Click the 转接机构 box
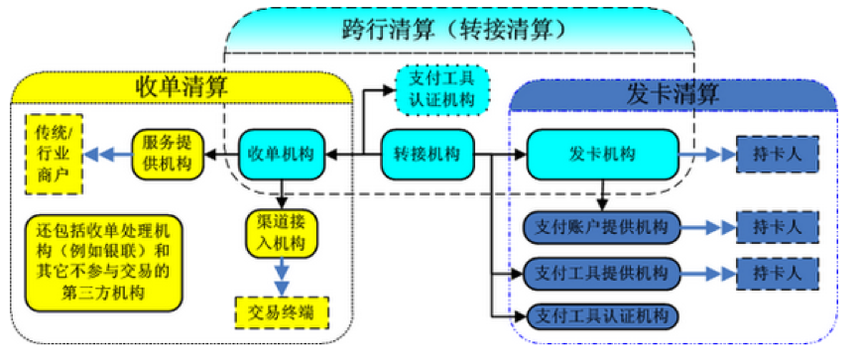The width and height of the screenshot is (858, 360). point(427,154)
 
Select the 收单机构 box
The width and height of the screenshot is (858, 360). point(284,154)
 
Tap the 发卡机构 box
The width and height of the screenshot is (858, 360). point(602,154)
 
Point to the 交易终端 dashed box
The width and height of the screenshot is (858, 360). point(282,311)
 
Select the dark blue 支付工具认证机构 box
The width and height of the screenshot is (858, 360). point(601,315)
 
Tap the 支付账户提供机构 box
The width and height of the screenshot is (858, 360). point(601,227)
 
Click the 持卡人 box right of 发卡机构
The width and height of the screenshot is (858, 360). point(777,154)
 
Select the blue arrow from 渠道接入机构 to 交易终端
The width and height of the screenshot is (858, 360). point(282,274)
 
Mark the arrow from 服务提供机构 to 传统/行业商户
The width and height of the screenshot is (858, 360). point(108,154)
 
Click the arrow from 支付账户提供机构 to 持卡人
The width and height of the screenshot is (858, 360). point(707,227)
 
